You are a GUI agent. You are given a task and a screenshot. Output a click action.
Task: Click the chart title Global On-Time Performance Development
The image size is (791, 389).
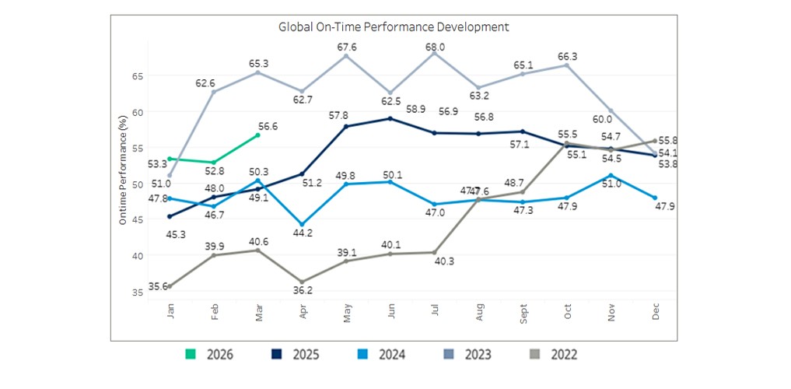coord(394,26)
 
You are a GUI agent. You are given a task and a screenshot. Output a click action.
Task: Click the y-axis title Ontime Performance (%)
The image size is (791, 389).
coord(123,170)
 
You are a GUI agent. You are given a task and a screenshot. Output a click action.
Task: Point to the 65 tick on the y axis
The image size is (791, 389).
coord(137,76)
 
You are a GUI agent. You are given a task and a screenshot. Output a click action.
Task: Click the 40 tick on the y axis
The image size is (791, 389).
coord(137,256)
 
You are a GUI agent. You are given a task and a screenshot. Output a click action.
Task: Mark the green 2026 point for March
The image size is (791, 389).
coord(257,135)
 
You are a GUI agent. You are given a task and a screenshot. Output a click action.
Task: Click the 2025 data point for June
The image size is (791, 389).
coord(390,118)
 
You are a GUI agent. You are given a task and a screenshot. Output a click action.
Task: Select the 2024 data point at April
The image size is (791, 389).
coord(302,224)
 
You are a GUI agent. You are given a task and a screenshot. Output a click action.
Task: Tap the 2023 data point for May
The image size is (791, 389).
coord(346,55)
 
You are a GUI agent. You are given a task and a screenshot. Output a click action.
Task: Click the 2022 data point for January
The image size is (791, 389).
coord(170,286)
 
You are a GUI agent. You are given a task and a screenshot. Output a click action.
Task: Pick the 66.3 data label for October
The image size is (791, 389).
coord(567,56)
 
